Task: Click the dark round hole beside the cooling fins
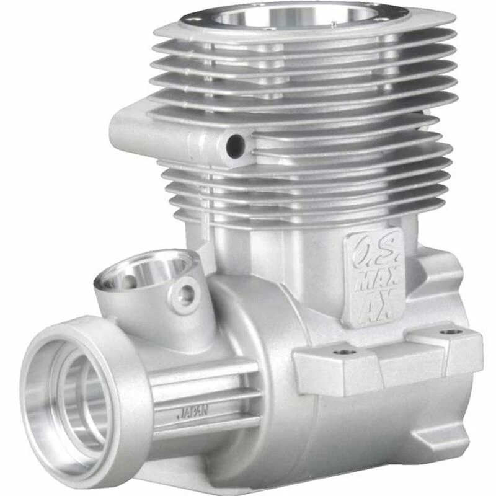(235, 146)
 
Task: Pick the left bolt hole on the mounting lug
(344, 352)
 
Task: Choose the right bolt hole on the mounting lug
(448, 333)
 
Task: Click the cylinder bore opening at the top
(291, 15)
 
